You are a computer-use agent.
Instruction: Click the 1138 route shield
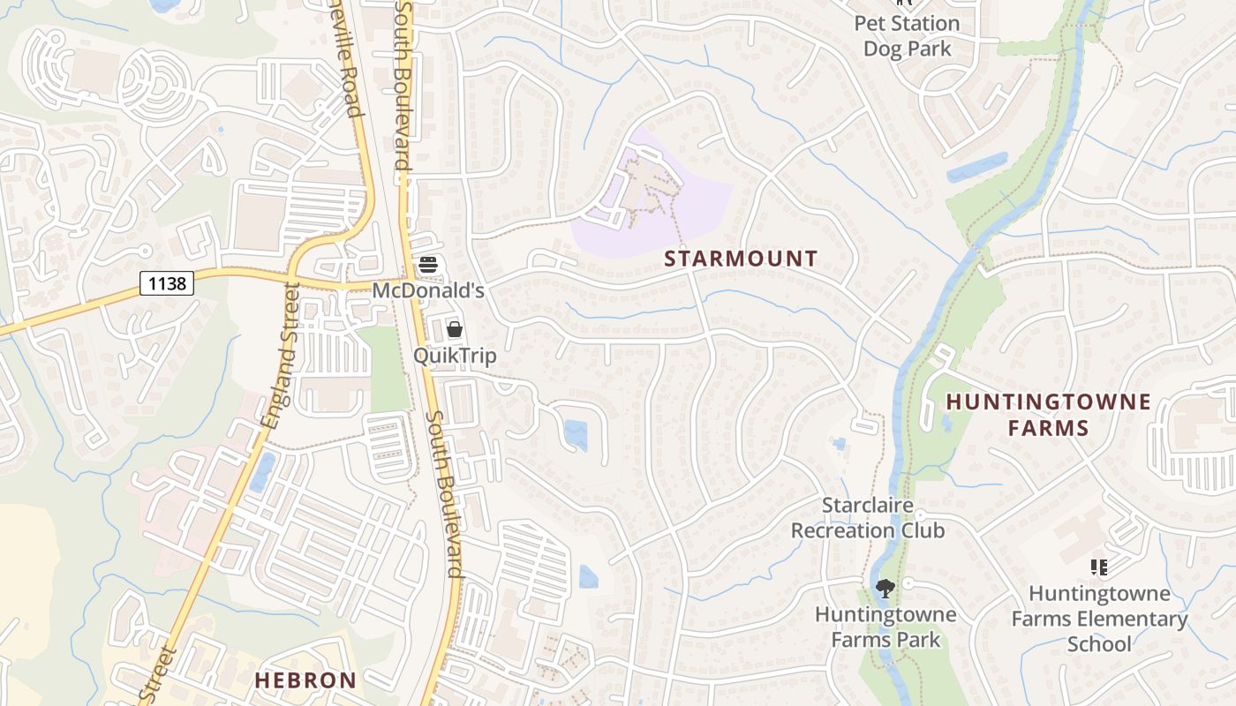tap(167, 283)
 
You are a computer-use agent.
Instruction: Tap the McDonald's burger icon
tap(428, 264)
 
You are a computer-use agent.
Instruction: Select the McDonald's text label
tap(428, 290)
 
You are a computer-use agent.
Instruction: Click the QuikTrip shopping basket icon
tap(455, 329)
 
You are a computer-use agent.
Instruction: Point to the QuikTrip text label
tap(455, 356)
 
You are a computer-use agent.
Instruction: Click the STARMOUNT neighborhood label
tap(741, 259)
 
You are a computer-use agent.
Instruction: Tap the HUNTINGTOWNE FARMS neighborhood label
tap(1048, 415)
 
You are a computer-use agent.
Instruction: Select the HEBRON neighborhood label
tap(305, 680)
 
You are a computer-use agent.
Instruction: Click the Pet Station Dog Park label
tap(907, 36)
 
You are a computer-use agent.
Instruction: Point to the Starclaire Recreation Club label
tap(868, 518)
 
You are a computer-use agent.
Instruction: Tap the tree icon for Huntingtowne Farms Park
tap(885, 589)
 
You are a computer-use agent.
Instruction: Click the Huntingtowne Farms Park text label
tap(886, 627)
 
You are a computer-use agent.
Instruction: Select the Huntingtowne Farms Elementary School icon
tap(1099, 567)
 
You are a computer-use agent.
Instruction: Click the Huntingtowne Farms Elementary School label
tap(1099, 619)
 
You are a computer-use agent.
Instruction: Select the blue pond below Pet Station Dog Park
tap(976, 168)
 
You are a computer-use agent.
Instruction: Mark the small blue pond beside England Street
tap(262, 472)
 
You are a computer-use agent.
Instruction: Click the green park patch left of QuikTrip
tap(386, 368)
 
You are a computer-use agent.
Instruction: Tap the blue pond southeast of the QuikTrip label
tap(576, 434)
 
